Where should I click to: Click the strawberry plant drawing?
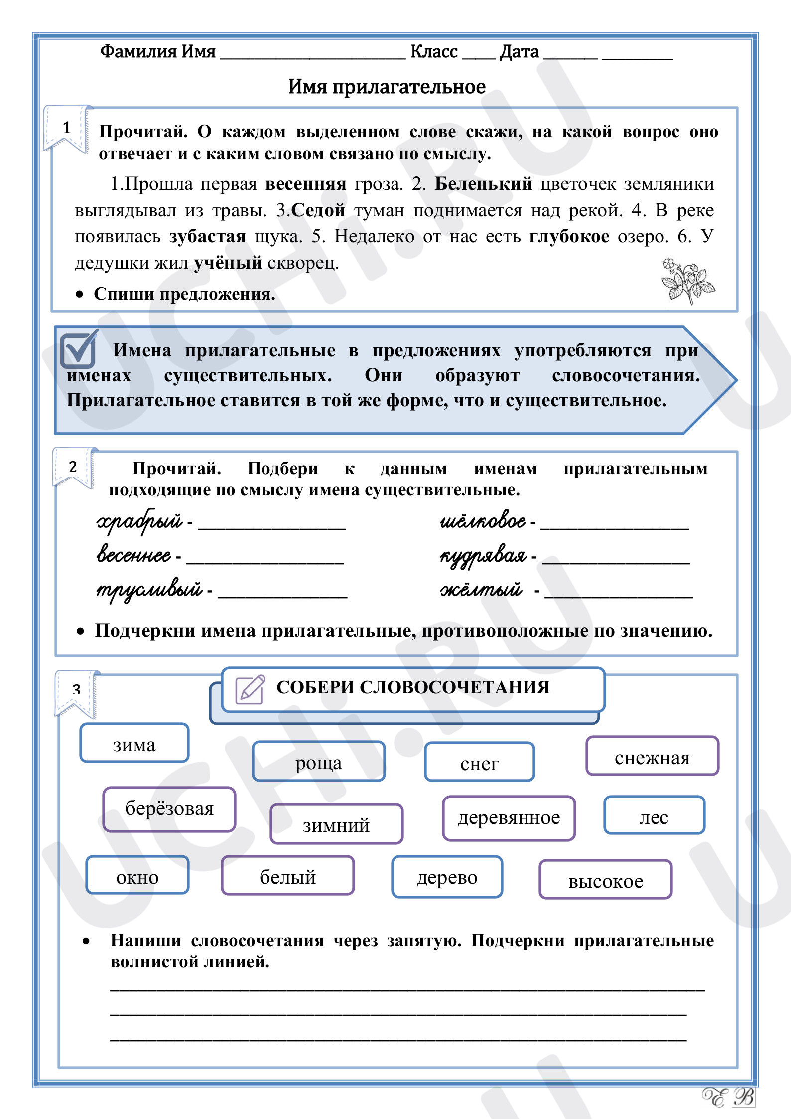pyautogui.click(x=687, y=281)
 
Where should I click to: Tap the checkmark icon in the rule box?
pyautogui.click(x=78, y=349)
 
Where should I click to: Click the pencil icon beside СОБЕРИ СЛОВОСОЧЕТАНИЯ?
pyautogui.click(x=250, y=689)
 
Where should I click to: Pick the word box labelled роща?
pyautogui.click(x=318, y=762)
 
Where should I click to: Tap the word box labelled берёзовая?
pyautogui.click(x=169, y=809)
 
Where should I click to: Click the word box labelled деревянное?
pyautogui.click(x=509, y=818)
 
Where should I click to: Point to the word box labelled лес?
pyautogui.click(x=654, y=815)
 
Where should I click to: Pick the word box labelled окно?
pyautogui.click(x=137, y=876)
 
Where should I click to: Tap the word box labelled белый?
pyautogui.click(x=288, y=876)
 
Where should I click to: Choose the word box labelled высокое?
pyautogui.click(x=605, y=880)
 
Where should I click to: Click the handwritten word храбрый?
pyautogui.click(x=139, y=521)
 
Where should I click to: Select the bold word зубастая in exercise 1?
pyautogui.click(x=208, y=236)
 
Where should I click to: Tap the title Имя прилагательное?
pyautogui.click(x=387, y=87)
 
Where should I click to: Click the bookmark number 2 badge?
pyautogui.click(x=73, y=467)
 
